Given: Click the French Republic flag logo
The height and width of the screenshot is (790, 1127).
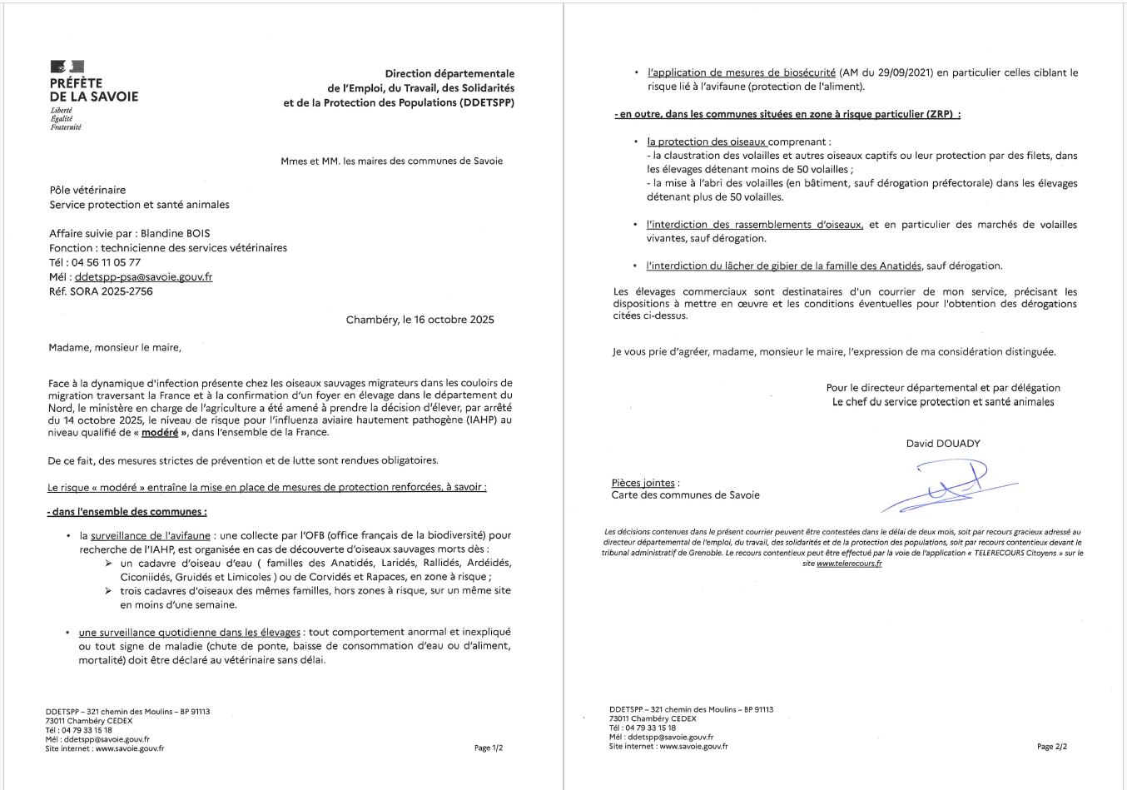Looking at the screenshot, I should [67, 67].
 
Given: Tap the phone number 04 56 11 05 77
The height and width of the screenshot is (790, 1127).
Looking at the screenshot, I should [106, 262].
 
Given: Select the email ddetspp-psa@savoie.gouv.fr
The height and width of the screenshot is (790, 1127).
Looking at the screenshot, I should [143, 277].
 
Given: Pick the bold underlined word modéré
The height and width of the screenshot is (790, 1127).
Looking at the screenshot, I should [160, 433].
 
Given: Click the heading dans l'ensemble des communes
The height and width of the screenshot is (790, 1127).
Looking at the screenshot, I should [128, 512].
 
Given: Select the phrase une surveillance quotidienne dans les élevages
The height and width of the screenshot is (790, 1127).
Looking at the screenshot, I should [190, 633].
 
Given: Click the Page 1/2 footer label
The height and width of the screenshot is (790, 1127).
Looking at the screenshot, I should [489, 748].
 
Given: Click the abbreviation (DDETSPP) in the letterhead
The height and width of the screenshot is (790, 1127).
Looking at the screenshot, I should [486, 102].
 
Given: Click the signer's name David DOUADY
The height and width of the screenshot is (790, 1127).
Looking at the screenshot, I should [943, 444].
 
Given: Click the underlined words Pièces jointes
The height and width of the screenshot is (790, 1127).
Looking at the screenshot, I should [643, 483].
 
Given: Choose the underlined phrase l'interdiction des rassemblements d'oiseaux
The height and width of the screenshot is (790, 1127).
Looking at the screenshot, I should [754, 225].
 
